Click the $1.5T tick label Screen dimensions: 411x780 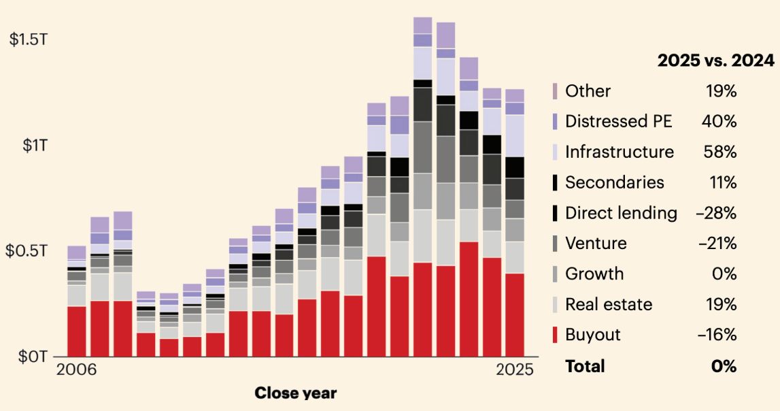point(29,39)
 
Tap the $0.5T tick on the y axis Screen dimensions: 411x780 point(28,250)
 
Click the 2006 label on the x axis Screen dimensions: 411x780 point(76,372)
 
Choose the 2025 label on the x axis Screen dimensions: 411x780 point(514,372)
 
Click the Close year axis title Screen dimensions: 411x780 point(295,393)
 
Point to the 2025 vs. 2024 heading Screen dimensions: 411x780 point(715,61)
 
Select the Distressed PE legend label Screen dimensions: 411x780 point(619,122)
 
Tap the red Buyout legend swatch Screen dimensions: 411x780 point(555,335)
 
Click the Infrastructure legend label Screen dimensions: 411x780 point(620,152)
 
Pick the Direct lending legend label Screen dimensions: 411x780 point(621,213)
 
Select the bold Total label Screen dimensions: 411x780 point(585,366)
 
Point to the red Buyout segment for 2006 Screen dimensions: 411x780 point(77,331)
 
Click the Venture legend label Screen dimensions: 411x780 point(596,243)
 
